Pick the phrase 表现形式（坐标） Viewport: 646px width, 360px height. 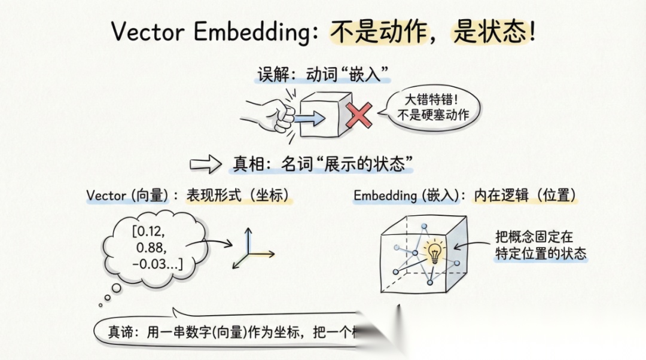coord(239,196)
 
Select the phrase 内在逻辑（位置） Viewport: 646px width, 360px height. coord(526,196)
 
